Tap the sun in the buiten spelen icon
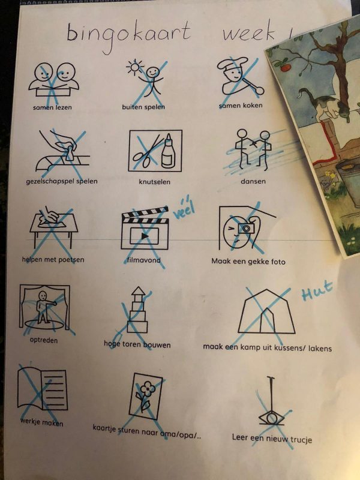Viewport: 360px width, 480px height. coord(135,67)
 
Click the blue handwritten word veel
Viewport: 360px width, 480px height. coord(184,209)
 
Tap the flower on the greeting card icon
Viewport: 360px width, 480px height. coord(148,389)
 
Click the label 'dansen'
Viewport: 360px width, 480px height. coord(253,181)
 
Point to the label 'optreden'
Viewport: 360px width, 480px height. coord(43,340)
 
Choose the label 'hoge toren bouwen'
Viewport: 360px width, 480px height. coord(137,344)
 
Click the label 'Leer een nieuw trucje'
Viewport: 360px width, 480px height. coord(272,438)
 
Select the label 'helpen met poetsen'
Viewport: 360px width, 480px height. coord(53,260)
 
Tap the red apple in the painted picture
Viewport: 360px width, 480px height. coord(286,67)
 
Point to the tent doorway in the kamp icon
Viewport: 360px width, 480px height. coord(267,320)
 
